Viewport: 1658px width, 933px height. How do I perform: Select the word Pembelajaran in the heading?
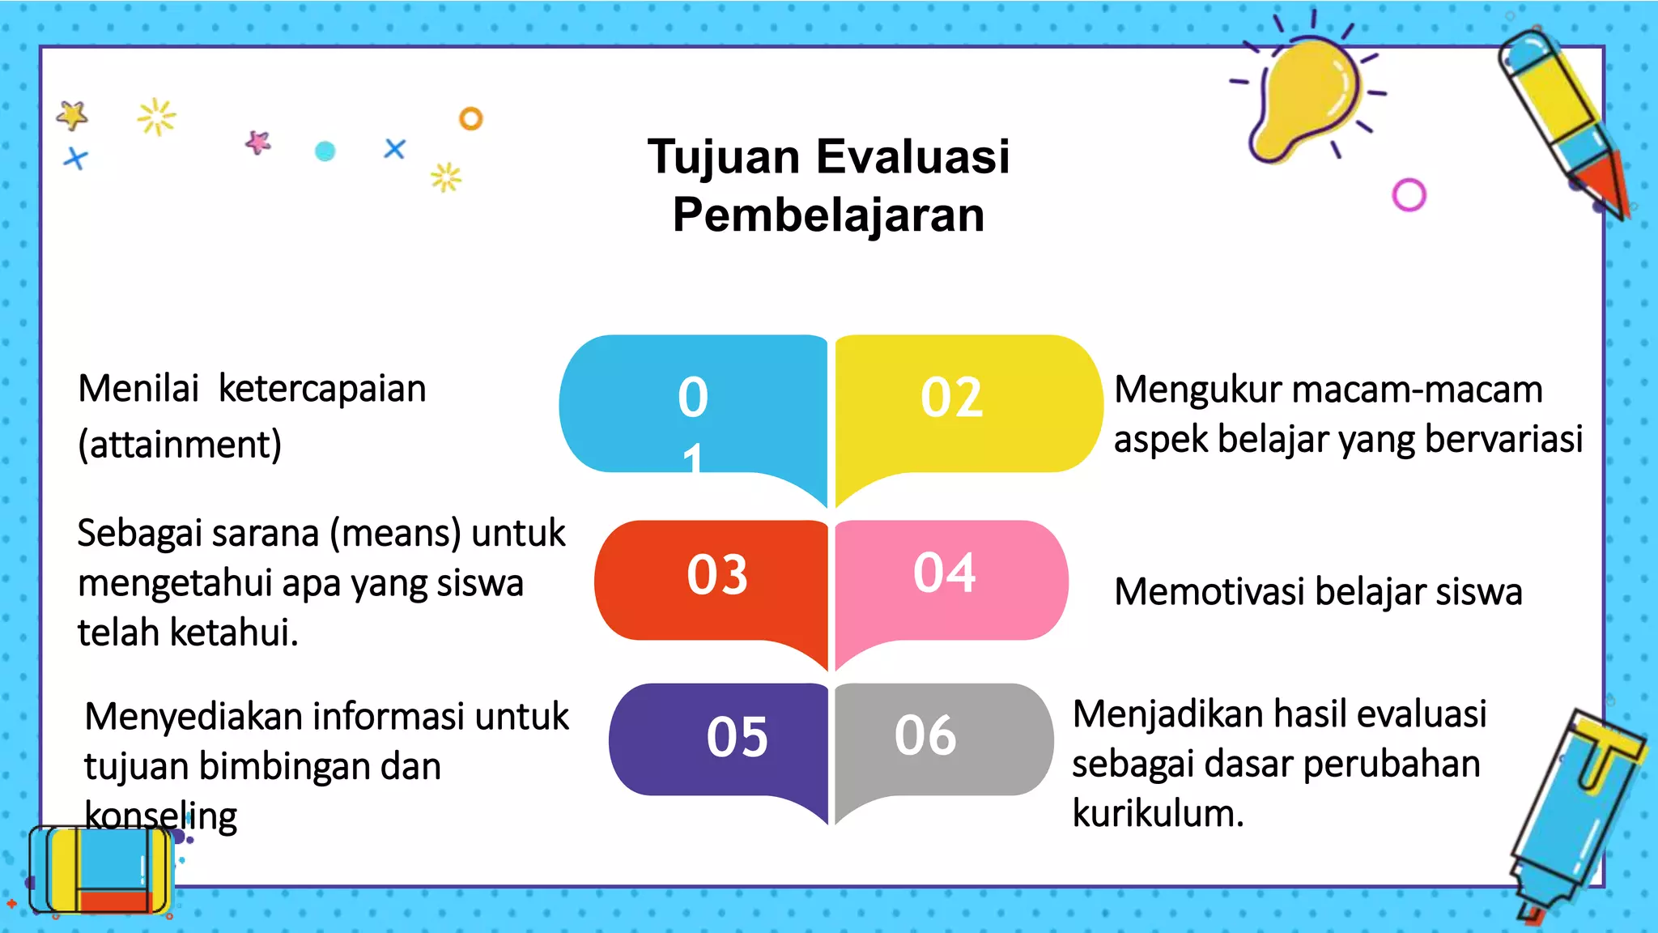[828, 215]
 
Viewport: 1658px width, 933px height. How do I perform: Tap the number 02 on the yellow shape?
[951, 398]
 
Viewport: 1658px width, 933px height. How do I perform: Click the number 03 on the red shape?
[716, 575]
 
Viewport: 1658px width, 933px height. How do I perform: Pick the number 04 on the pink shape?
[944, 573]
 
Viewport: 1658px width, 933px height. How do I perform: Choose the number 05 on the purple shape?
[737, 737]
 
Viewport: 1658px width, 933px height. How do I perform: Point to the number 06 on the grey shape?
[925, 735]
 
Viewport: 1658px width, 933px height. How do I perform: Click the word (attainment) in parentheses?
[180, 445]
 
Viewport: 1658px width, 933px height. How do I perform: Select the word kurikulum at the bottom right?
[1158, 813]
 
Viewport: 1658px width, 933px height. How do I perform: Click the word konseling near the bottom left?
[160, 816]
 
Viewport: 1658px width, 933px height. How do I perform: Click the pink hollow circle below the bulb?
[1409, 195]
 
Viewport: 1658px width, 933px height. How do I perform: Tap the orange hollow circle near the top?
[470, 119]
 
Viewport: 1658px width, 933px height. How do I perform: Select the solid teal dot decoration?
[325, 151]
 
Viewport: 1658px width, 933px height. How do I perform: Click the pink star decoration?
[258, 143]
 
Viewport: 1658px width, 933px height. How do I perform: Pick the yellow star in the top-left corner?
[72, 115]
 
